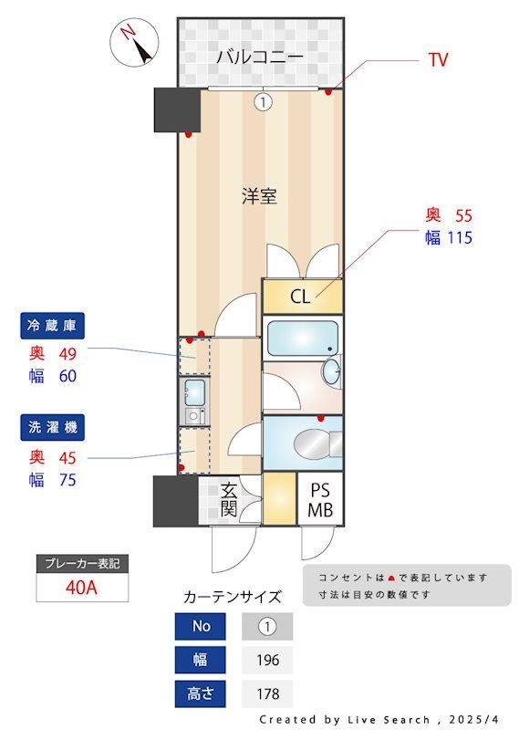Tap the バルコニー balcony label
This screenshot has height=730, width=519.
pyautogui.click(x=260, y=57)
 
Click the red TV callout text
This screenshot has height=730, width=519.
pyautogui.click(x=438, y=60)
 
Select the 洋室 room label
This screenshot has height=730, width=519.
pyautogui.click(x=260, y=195)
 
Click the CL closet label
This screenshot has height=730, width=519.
pyautogui.click(x=300, y=297)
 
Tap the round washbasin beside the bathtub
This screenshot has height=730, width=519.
pyautogui.click(x=331, y=371)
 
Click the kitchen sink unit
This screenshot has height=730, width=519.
pyautogui.click(x=194, y=393)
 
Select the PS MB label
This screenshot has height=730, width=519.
pyautogui.click(x=319, y=500)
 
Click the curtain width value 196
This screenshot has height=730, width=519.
pyautogui.click(x=267, y=660)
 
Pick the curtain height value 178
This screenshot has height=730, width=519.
pyautogui.click(x=267, y=693)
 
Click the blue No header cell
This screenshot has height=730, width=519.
pyautogui.click(x=202, y=627)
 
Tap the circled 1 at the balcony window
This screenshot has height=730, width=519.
pyautogui.click(x=263, y=102)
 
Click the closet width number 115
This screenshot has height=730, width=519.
pyautogui.click(x=459, y=239)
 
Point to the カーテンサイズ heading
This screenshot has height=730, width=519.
pyautogui.click(x=233, y=598)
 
